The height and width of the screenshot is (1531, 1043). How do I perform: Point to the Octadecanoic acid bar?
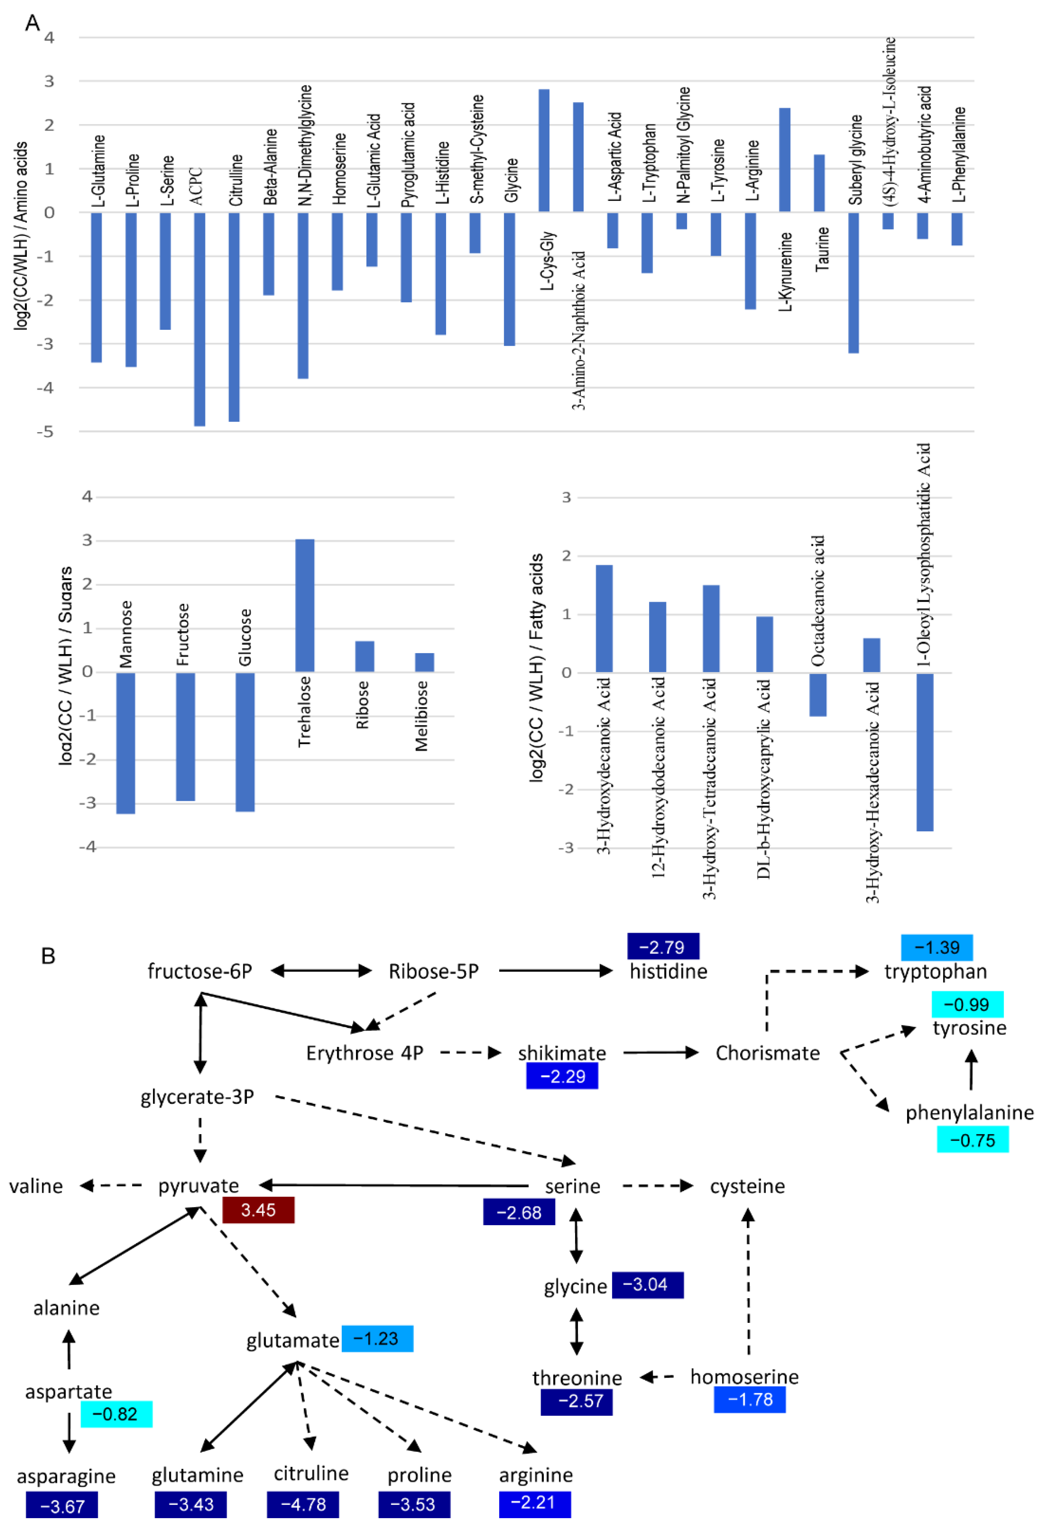pos(818,694)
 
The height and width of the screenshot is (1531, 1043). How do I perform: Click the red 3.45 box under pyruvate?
pos(258,1210)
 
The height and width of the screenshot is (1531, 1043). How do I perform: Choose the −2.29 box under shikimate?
pos(562,1076)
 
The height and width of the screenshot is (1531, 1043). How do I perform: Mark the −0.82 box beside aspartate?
pos(116,1414)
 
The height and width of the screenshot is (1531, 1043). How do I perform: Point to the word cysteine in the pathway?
pos(747,1186)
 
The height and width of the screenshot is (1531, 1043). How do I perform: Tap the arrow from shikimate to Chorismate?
pos(660,1052)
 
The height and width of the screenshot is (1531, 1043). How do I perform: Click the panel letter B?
pos(48,956)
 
